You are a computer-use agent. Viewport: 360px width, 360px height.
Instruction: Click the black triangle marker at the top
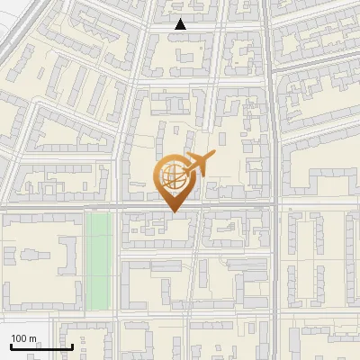[x=181, y=24]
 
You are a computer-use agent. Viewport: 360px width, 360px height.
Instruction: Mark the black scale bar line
[x=40, y=346]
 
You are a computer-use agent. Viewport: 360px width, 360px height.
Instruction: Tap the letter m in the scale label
[x=32, y=338]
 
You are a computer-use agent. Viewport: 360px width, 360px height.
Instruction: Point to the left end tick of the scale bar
[x=10, y=345]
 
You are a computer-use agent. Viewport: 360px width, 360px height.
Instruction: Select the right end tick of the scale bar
[x=72, y=345]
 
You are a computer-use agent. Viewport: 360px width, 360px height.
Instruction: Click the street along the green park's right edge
[x=116, y=261]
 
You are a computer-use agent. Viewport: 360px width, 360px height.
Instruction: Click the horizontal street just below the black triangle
[x=180, y=32]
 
